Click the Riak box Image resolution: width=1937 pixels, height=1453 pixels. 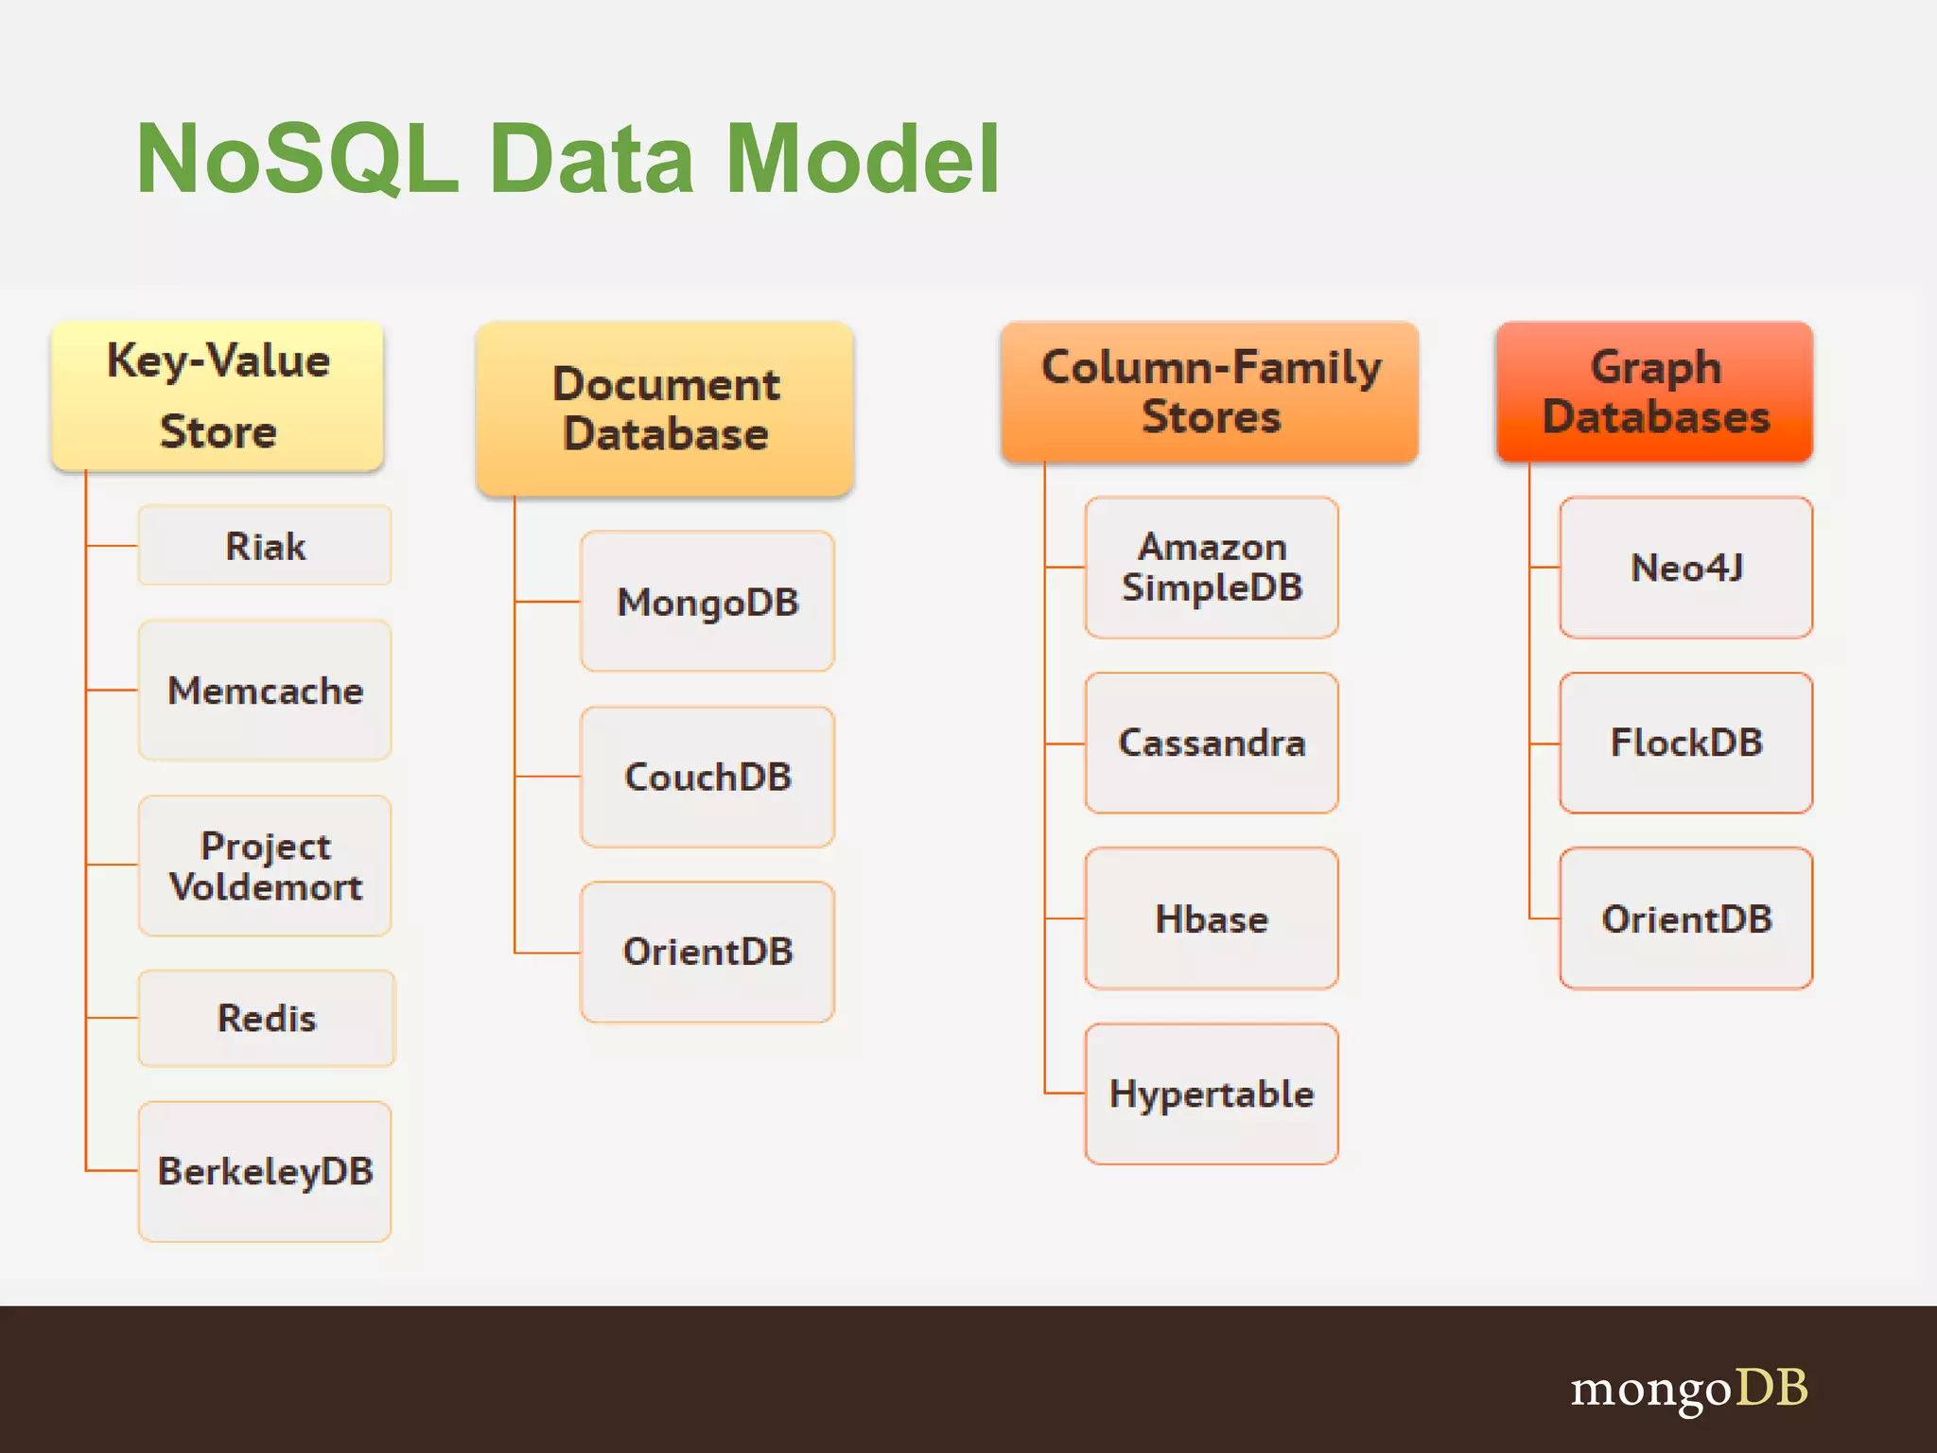coord(265,546)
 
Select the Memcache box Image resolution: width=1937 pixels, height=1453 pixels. coord(265,691)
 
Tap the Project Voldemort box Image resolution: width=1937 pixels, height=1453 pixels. coord(265,866)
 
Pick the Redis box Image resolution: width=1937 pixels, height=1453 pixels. coord(267,1019)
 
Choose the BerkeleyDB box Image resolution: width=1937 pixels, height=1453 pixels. coord(265,1171)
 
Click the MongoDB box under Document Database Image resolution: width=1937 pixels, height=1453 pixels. coord(707,602)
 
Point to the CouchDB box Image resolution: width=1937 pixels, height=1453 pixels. coord(707,777)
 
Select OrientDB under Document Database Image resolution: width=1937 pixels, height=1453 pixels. coord(707,952)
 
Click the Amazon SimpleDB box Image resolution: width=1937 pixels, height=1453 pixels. coord(1212,568)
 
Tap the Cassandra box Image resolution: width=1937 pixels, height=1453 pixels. coord(1212,743)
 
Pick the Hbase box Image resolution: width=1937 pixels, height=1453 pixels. coord(1212,919)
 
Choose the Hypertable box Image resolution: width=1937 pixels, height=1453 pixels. coord(1212,1094)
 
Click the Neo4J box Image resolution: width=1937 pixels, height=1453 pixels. coord(1686,568)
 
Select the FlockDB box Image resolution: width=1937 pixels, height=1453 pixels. coord(1686,743)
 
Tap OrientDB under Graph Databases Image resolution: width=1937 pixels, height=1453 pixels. coord(1686,919)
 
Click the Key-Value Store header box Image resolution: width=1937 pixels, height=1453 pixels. coord(218,395)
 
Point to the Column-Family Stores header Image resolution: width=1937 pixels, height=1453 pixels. coord(1210,392)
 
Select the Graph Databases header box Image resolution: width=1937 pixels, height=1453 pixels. coord(1655,392)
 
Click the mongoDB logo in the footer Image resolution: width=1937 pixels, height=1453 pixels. coord(1689,1389)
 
